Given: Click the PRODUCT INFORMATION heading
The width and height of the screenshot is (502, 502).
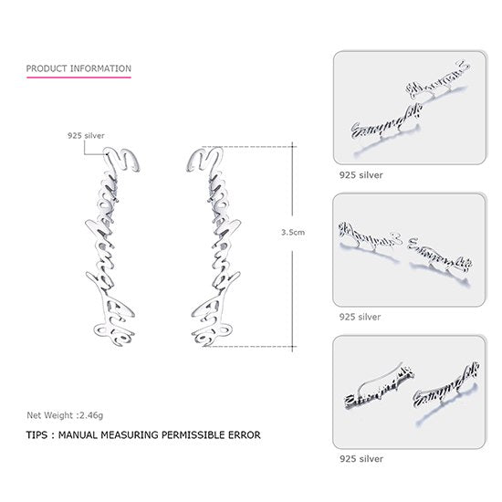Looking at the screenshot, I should [x=78, y=68].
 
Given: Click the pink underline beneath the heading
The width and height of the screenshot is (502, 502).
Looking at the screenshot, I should [x=78, y=78].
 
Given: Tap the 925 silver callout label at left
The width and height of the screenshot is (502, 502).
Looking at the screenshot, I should [x=86, y=135].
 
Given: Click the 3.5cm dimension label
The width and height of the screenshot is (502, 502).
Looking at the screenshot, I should [x=294, y=233].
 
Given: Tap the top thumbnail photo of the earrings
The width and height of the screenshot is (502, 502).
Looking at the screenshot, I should [x=408, y=108].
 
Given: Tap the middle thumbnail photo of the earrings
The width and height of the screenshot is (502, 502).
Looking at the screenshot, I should [x=408, y=249].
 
